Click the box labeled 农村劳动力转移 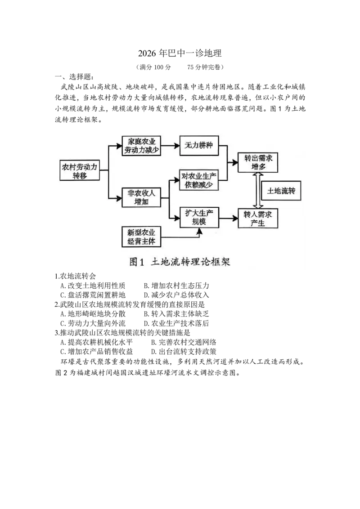[80, 171]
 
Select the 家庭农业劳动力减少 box [141, 146]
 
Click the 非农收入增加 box [141, 197]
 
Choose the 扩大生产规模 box [199, 217]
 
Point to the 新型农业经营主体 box [141, 237]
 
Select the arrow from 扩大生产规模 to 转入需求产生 [228, 218]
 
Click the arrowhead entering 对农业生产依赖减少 [176, 180]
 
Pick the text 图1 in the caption [135, 262]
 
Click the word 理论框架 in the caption [213, 262]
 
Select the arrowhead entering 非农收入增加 [119, 197]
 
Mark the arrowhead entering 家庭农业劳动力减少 [119, 146]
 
